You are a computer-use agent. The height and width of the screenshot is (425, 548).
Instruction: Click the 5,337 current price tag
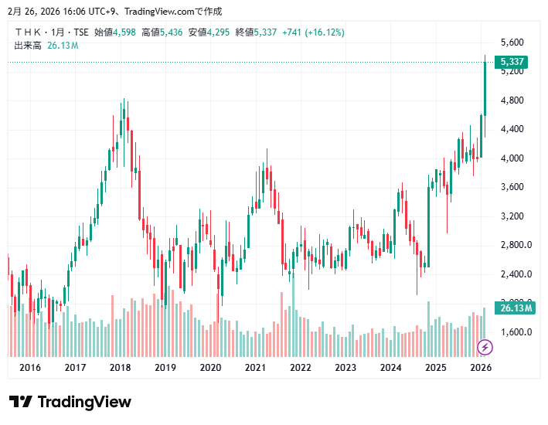coord(513,62)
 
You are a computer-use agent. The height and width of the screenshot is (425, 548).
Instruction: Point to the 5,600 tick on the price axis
coord(513,42)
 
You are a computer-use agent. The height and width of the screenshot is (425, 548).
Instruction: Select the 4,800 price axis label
coord(513,100)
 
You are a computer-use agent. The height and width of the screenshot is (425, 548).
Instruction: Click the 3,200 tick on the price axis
coord(513,216)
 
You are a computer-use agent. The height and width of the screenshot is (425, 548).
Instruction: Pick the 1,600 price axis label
coord(513,332)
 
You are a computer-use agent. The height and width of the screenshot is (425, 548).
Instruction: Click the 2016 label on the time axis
coord(29,368)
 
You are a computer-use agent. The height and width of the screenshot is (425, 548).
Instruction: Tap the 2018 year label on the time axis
coord(120,368)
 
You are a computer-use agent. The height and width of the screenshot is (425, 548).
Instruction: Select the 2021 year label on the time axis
coord(255,368)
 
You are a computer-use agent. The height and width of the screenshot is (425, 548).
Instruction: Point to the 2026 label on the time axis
coord(481,368)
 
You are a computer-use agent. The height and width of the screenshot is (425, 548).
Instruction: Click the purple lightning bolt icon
coord(485,347)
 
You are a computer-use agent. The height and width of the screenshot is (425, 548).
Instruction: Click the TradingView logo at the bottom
coord(70,402)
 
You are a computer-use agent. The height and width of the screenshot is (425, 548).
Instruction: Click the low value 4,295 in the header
coord(218,32)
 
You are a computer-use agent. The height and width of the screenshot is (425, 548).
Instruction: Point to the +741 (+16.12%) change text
coord(313,32)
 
